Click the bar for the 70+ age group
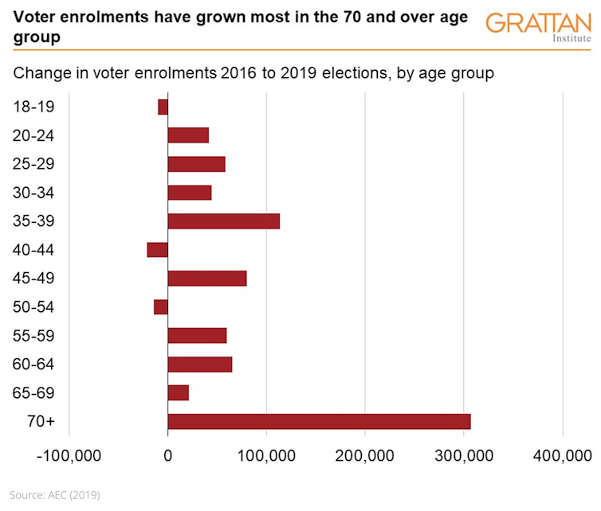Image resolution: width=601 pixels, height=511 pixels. [x=319, y=422]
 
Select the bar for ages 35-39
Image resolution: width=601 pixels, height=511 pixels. [x=224, y=221]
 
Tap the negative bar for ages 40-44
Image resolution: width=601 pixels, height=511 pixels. [x=158, y=250]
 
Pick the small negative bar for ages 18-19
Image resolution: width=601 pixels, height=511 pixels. [x=163, y=107]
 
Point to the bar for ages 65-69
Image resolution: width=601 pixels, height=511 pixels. [x=179, y=393]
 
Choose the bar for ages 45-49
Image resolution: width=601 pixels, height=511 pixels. [x=207, y=279]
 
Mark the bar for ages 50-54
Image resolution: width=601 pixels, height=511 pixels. [x=161, y=307]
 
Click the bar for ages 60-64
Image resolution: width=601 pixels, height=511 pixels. [x=200, y=365]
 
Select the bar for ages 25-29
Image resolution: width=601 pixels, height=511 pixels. [x=197, y=164]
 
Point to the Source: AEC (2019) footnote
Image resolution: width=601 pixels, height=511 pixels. [x=55, y=495]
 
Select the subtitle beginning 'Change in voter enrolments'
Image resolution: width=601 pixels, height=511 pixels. [x=253, y=74]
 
